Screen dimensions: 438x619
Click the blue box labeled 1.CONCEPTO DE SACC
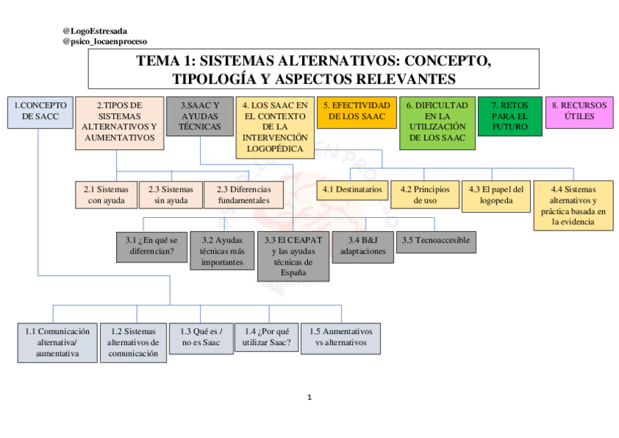(41, 112)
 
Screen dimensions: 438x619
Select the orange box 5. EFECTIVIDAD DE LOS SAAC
(357, 111)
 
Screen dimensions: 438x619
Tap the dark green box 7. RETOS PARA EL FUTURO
(510, 116)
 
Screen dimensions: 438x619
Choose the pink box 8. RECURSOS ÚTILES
(579, 111)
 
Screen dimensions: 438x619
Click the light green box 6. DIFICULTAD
(437, 122)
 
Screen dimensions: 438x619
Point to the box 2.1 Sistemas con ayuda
(105, 195)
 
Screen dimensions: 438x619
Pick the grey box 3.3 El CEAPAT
(293, 256)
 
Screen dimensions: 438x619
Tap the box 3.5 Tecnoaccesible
(435, 241)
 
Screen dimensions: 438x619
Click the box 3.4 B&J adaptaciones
(362, 246)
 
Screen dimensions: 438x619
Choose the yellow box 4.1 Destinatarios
(352, 190)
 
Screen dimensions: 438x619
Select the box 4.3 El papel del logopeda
(496, 195)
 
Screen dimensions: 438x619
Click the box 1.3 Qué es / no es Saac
(201, 337)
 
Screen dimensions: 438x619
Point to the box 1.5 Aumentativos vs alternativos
(342, 337)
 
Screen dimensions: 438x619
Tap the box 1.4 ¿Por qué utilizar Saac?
(266, 337)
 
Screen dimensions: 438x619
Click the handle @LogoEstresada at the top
(95, 31)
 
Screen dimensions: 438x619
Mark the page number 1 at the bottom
(309, 398)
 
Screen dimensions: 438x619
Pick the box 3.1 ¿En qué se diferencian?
(151, 246)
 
